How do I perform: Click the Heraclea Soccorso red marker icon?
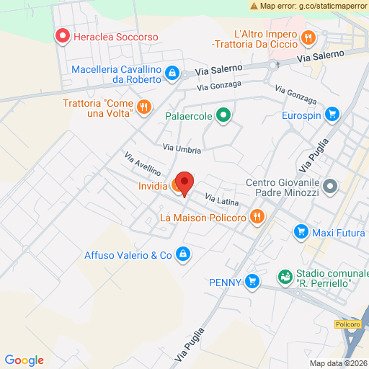(62, 35)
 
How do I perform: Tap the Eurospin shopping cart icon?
(332, 113)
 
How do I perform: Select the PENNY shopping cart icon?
(252, 280)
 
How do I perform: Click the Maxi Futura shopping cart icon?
(301, 231)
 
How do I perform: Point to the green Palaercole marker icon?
(223, 114)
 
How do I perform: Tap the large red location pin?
(184, 183)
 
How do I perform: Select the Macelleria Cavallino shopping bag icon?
(172, 73)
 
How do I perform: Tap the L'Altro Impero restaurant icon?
(308, 37)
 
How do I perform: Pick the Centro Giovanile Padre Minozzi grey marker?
(331, 187)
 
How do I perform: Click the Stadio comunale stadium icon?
(286, 277)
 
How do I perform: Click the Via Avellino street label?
(142, 165)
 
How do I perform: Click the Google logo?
(24, 360)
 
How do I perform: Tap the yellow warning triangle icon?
(254, 5)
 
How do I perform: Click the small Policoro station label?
(348, 324)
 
